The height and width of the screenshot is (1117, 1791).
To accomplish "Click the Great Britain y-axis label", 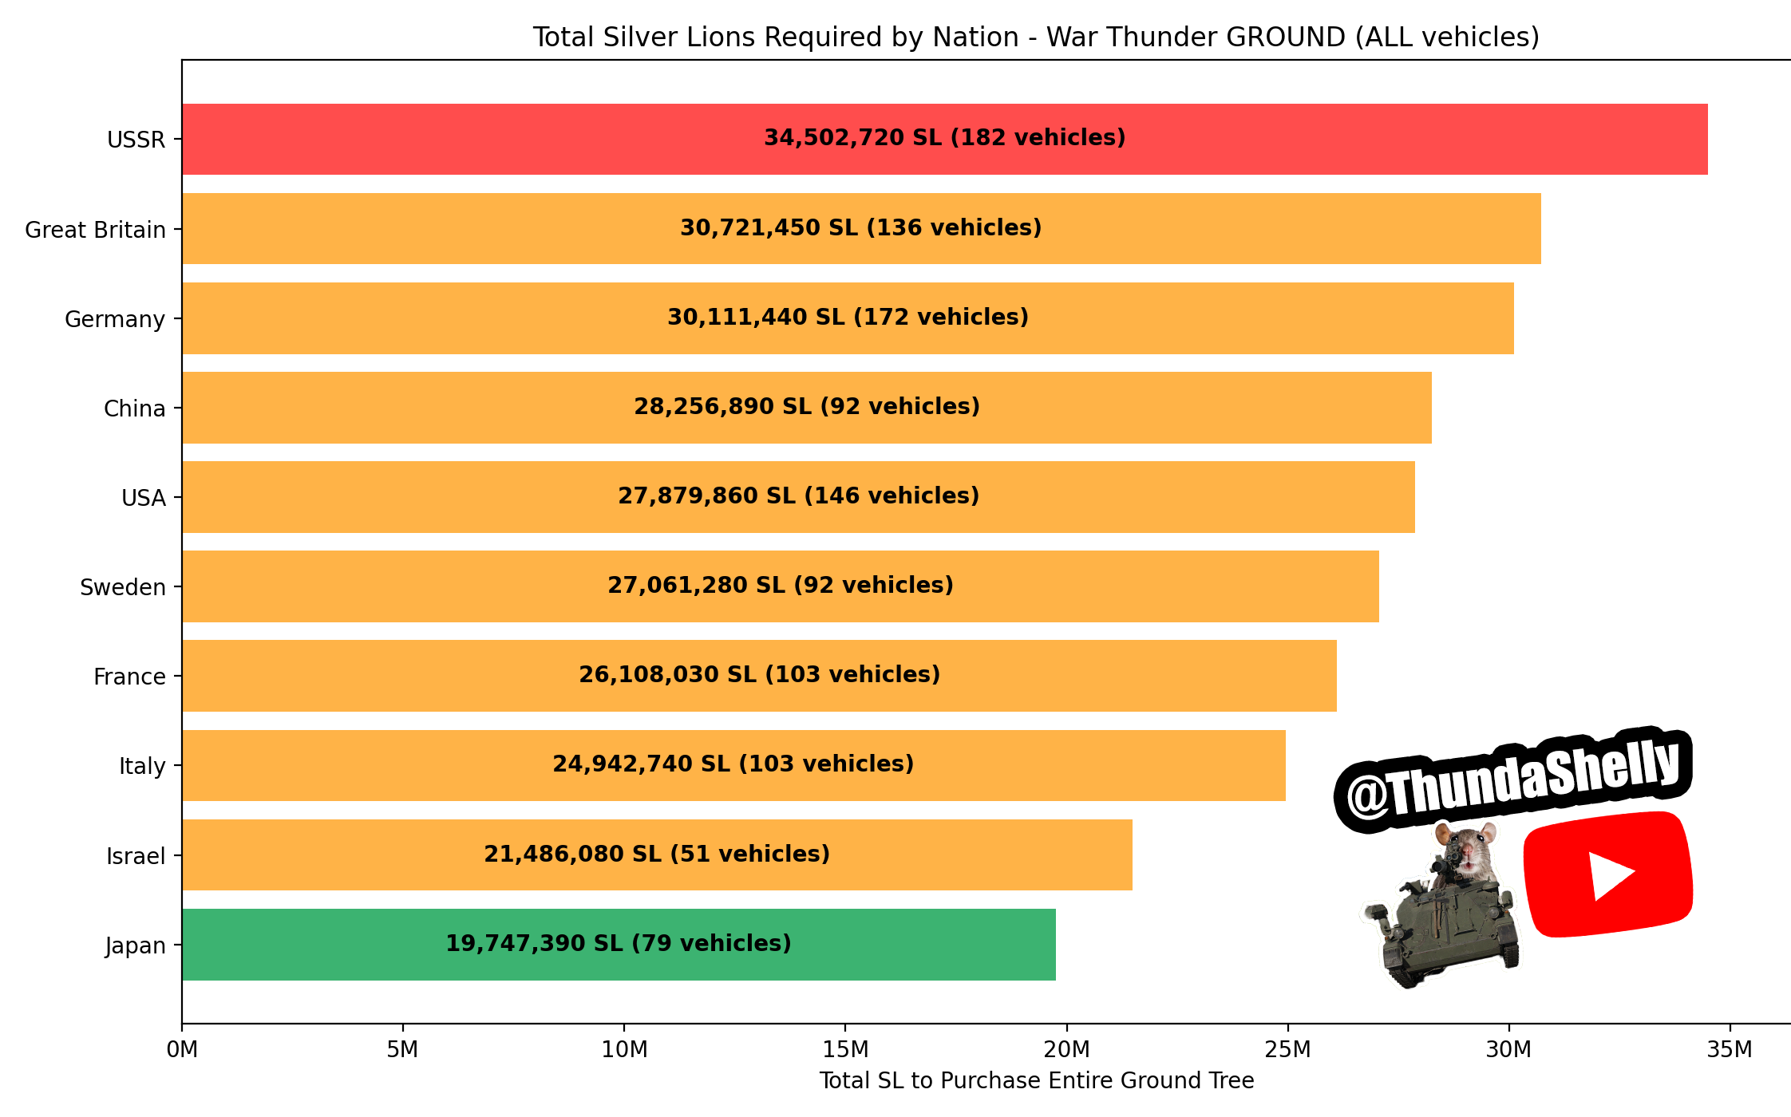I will [x=96, y=230].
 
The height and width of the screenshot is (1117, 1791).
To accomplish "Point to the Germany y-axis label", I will [x=115, y=319].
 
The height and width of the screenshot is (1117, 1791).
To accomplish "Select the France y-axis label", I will [x=129, y=677].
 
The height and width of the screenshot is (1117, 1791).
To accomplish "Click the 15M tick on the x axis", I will [x=845, y=1049].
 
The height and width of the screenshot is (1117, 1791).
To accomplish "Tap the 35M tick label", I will [x=1730, y=1049].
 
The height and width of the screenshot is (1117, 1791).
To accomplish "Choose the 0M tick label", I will [x=182, y=1049].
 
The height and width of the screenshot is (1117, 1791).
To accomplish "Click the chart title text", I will [x=1036, y=37].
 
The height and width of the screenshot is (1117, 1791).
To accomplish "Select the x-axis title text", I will [x=1036, y=1080].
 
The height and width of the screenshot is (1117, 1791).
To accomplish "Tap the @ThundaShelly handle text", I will [x=1512, y=780].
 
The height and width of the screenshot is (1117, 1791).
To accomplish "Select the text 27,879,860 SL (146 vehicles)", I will [x=798, y=496].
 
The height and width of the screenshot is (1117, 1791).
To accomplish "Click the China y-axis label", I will [x=135, y=409].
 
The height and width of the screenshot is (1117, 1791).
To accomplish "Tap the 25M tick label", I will [x=1287, y=1049].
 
